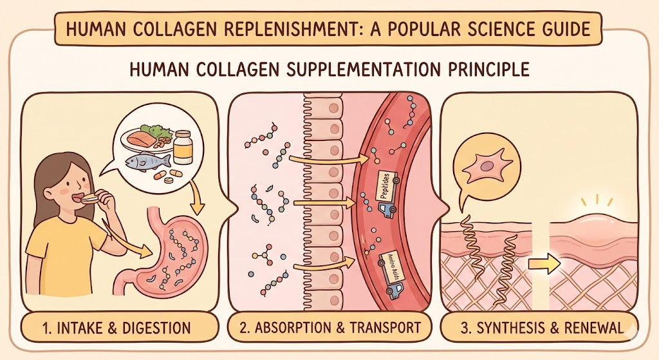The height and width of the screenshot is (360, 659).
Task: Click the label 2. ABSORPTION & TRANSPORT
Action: click(329, 327)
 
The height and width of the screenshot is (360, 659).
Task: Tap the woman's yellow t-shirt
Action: click(64, 258)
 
